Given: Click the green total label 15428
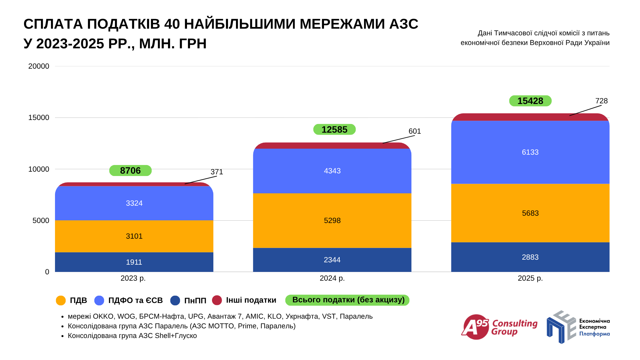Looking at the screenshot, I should tap(530, 101).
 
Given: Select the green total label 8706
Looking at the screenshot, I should tap(130, 170).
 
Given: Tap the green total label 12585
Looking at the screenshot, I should tap(334, 129).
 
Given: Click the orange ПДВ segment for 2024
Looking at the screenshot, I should tap(332, 220).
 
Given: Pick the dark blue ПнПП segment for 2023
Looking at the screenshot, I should tap(134, 262).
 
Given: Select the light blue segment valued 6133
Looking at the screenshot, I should tap(530, 152).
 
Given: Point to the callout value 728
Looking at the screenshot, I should tap(601, 101).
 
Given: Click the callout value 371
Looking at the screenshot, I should tap(217, 172).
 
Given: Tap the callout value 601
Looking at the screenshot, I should tap(415, 131).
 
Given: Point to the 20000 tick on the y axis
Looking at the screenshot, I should tap(39, 66).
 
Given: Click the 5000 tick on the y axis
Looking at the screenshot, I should tap(41, 220).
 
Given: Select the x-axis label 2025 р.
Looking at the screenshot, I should tap(530, 278).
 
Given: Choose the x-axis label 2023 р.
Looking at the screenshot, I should tap(133, 278).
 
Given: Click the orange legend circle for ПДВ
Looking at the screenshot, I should tap(61, 300).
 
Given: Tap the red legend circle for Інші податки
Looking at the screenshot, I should tap(217, 300).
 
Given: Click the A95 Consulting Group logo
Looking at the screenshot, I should tap(499, 327).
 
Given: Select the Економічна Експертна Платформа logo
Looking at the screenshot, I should tap(578, 327).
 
